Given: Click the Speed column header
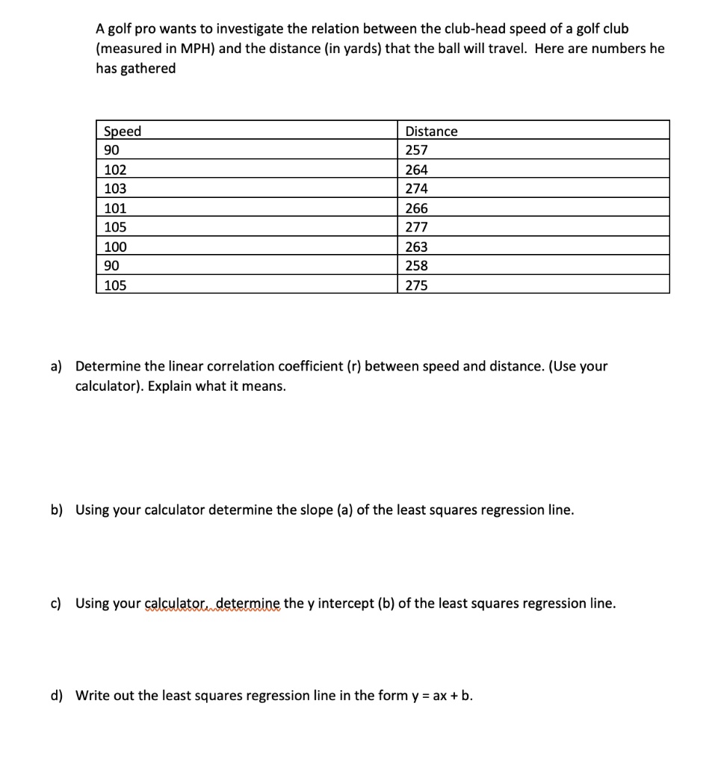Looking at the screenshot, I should tap(122, 131).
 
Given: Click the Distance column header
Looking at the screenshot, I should tap(431, 131).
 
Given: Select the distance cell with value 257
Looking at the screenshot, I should tap(416, 150).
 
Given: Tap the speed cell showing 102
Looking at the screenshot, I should tap(115, 170).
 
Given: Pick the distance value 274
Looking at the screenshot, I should tap(416, 189).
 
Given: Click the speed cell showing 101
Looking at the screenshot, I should tap(115, 208).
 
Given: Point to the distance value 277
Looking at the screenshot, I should tap(416, 227).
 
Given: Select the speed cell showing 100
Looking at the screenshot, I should tap(115, 247).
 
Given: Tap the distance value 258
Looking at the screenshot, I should tap(416, 266).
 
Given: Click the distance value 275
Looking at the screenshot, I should tap(416, 285).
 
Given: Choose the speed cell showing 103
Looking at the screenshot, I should tap(115, 189).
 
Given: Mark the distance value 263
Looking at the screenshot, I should tap(416, 247).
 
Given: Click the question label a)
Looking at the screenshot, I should tap(57, 366).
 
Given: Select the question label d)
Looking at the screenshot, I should tap(57, 696).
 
